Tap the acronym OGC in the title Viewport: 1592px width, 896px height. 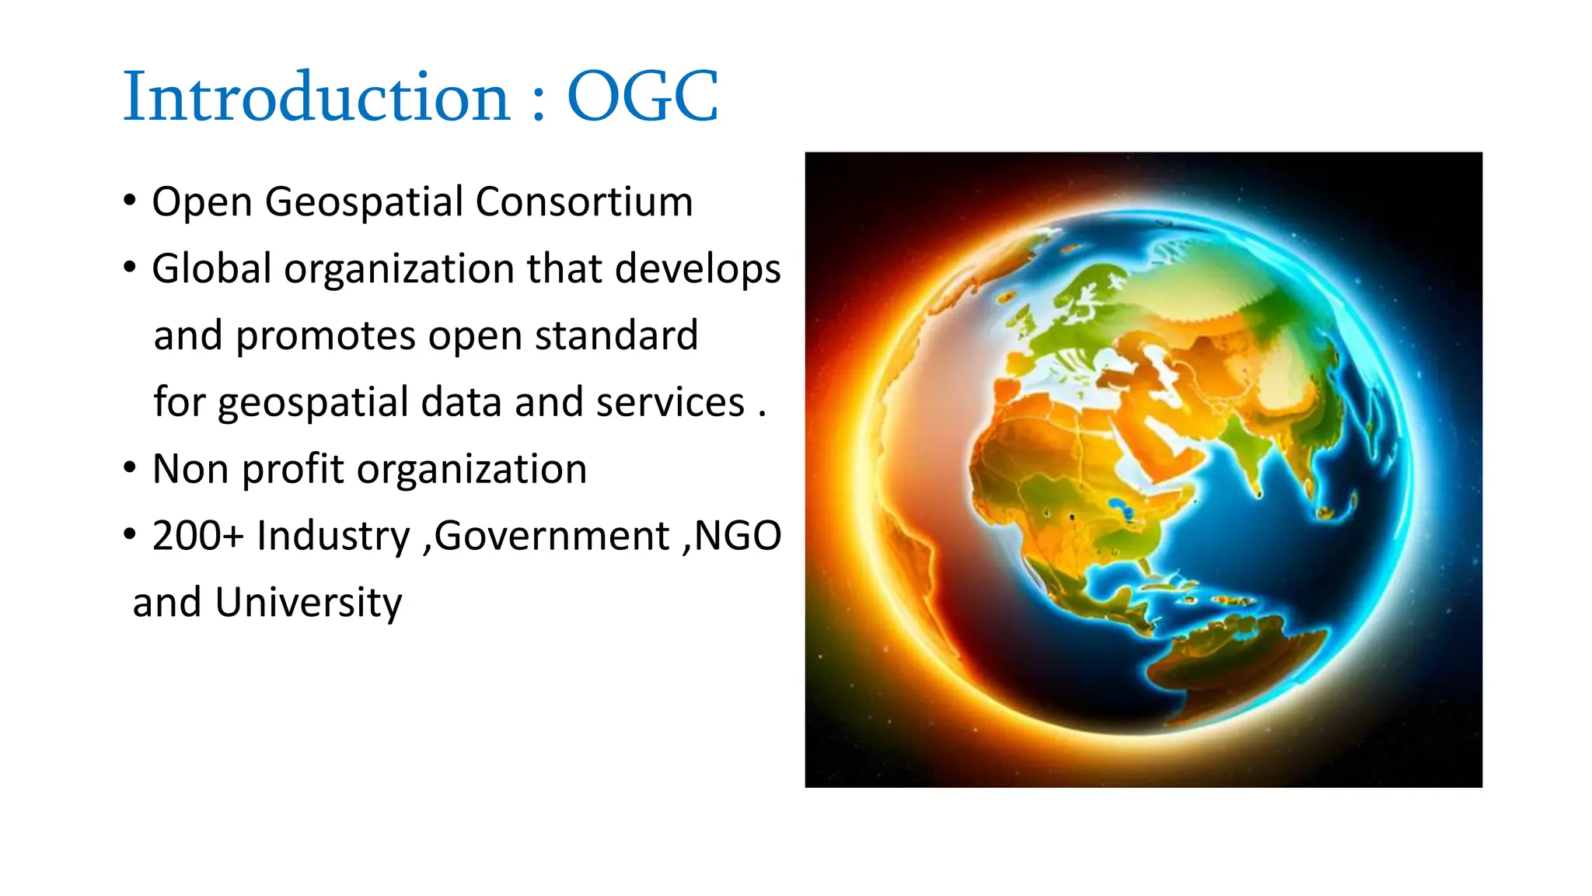point(642,96)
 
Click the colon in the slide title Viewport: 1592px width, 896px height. point(539,105)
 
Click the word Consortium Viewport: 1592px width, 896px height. point(584,202)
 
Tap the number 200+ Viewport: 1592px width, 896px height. point(198,537)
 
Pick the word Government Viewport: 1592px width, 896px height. point(552,537)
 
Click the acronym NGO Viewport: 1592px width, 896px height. point(738,537)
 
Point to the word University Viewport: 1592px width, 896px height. point(309,604)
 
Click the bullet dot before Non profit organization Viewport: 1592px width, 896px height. point(130,468)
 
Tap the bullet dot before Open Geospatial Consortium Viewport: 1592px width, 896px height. point(130,201)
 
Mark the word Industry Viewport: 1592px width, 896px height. point(333,537)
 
